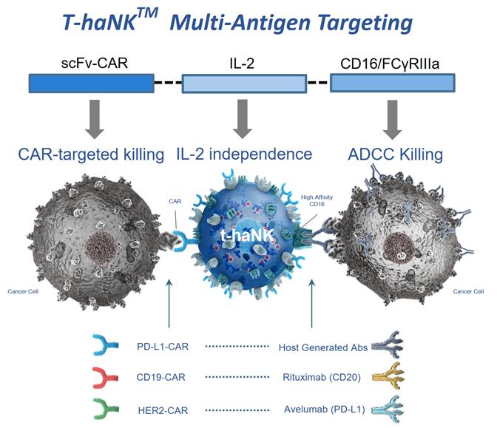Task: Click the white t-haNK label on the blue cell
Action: click(246, 237)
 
